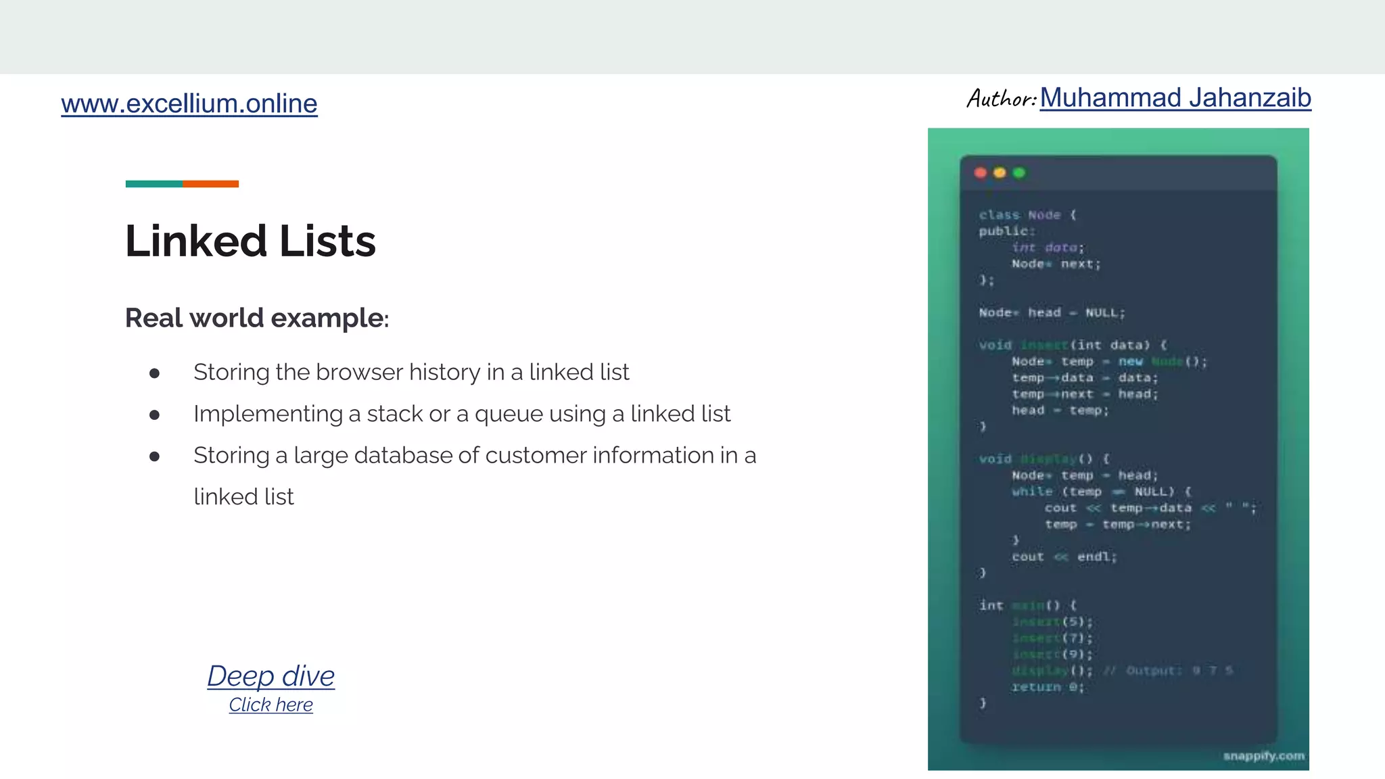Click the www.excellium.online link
pos(189,103)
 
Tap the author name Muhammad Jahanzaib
pos(1175,98)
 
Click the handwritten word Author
pos(1000,99)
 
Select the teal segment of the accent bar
pos(154,184)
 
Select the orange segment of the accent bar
pos(210,184)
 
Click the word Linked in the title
pos(196,241)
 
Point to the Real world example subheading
pos(256,318)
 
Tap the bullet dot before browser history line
pos(154,373)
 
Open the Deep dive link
pos(271,676)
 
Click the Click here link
pos(271,705)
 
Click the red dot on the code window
pos(981,172)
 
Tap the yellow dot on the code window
pos(1000,172)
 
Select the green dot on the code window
pos(1019,172)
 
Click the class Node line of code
pos(1027,215)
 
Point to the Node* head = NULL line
pos(1051,312)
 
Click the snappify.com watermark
pos(1263,755)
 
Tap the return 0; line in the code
pos(1048,687)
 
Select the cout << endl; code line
pos(1064,557)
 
